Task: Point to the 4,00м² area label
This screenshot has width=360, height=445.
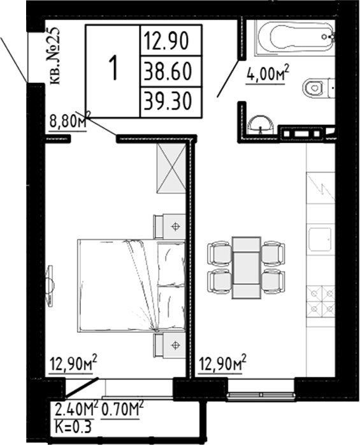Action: click(x=268, y=75)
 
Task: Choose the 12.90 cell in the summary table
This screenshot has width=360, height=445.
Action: click(x=170, y=41)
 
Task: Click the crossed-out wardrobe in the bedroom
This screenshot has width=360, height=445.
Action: click(x=171, y=167)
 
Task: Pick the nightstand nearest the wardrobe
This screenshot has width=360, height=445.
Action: click(x=169, y=226)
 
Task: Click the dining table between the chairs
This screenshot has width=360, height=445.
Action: click(x=246, y=267)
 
